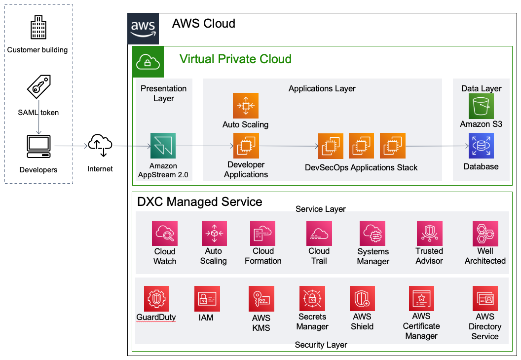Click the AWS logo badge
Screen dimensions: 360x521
point(143,29)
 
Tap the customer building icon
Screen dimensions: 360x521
point(38,28)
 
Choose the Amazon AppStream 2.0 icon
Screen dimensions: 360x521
point(163,146)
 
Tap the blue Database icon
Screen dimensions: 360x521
point(481,146)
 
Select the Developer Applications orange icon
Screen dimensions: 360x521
point(246,146)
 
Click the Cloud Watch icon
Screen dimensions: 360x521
point(165,234)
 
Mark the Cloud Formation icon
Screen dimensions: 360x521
point(262,234)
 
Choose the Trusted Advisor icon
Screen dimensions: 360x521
point(429,234)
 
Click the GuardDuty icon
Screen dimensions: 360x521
point(156,298)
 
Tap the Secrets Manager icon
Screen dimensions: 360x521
point(312,298)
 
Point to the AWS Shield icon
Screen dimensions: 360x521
point(362,298)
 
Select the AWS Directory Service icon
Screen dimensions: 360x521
point(484,298)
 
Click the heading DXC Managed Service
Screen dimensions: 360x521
point(199,202)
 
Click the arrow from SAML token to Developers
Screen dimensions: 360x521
point(38,126)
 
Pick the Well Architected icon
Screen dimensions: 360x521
point(485,234)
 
